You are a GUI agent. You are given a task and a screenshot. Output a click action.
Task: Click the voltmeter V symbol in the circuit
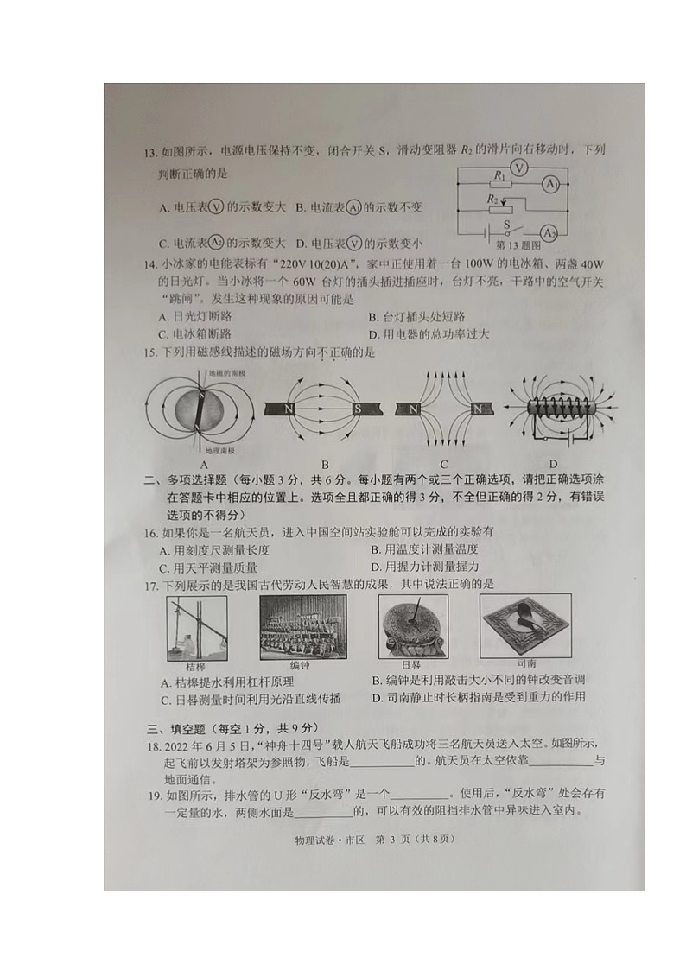pyautogui.click(x=516, y=167)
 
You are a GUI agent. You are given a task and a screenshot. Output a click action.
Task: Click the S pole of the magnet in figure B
pyautogui.click(x=356, y=408)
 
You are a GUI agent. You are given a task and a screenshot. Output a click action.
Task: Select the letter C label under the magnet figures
pyautogui.click(x=443, y=463)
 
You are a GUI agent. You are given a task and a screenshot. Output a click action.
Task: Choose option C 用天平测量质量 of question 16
pyautogui.click(x=208, y=567)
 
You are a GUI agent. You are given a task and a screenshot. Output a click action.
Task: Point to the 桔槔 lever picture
pyautogui.click(x=196, y=629)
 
